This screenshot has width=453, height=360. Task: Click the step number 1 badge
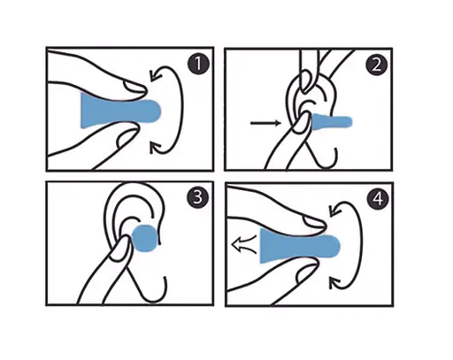coord(198,64)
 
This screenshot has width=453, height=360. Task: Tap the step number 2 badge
coord(377,65)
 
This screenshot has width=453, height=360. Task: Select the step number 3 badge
coord(198,197)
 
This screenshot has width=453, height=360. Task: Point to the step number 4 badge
coord(378,199)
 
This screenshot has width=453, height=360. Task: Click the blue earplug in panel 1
coord(119,111)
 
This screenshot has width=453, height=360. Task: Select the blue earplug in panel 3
coord(144,238)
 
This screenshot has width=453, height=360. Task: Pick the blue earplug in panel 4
coord(299,246)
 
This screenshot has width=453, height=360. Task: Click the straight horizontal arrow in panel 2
coord(265,123)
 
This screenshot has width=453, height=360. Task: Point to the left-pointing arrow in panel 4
coord(244,244)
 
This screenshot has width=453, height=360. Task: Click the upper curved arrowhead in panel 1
coord(155,76)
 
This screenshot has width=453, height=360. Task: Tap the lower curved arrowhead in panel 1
coord(155,148)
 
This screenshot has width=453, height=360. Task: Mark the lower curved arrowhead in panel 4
coord(334,282)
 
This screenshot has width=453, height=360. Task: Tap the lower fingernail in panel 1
coord(127,137)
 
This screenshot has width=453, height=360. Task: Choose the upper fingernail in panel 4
coord(314,223)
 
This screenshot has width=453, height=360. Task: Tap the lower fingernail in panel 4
coord(307,272)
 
